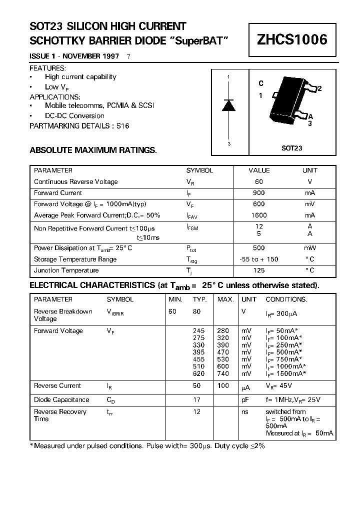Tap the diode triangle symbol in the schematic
pyautogui.click(x=228, y=105)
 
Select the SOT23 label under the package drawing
pyautogui.click(x=291, y=148)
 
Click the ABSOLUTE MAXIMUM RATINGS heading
pyautogui.click(x=93, y=150)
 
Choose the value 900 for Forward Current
pyautogui.click(x=259, y=193)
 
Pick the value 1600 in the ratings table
pyautogui.click(x=259, y=215)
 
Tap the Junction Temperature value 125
pyautogui.click(x=259, y=270)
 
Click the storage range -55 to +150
pyautogui.click(x=259, y=259)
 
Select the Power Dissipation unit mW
pyautogui.click(x=309, y=248)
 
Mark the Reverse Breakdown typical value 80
pyautogui.click(x=196, y=311)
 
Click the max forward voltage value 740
pyautogui.click(x=223, y=373)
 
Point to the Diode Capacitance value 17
pyautogui.click(x=196, y=400)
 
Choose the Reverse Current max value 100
pyautogui.click(x=223, y=386)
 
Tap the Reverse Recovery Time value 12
pyautogui.click(x=196, y=412)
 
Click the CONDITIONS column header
pyautogui.click(x=286, y=299)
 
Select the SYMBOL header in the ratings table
pyautogui.click(x=199, y=170)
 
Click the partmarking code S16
pyautogui.click(x=122, y=126)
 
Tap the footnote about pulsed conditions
pyautogui.click(x=147, y=445)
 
